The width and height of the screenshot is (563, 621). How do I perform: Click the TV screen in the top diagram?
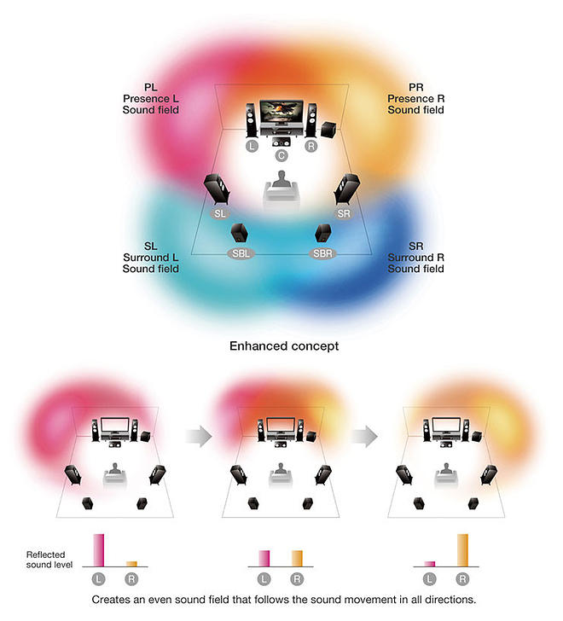tap(281, 112)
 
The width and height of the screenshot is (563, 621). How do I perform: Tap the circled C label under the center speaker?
tap(281, 156)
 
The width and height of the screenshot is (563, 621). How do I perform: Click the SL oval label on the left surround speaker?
tap(220, 212)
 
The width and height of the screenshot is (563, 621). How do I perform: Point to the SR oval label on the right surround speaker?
tap(343, 212)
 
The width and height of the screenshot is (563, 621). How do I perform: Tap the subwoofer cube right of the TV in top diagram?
tap(328, 130)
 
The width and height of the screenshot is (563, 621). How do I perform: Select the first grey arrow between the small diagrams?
tap(198, 437)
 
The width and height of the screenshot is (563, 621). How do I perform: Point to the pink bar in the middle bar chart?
tap(264, 557)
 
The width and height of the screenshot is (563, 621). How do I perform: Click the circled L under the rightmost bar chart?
tap(430, 579)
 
